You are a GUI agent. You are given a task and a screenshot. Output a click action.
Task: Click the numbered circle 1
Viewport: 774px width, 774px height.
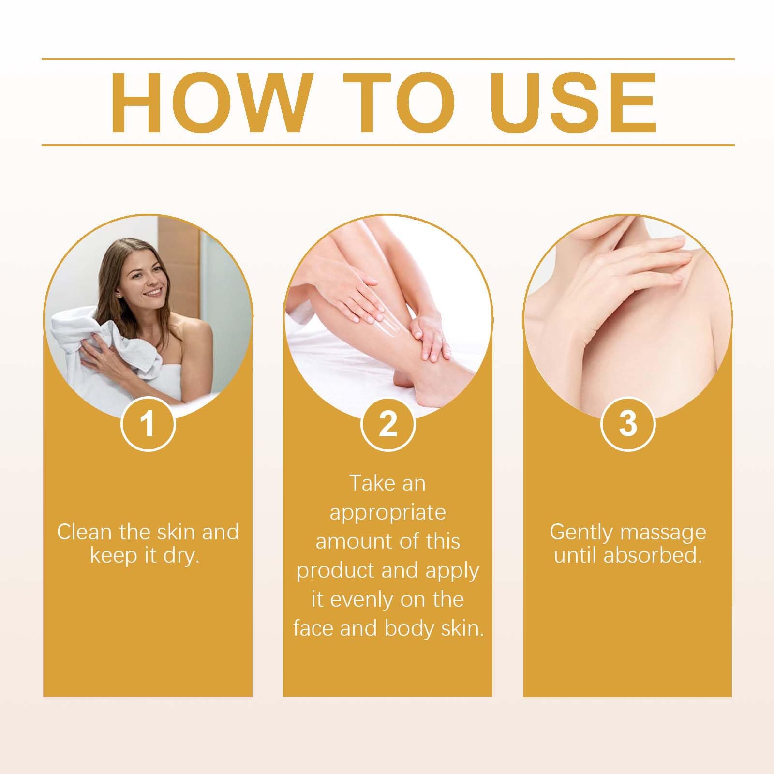pyautogui.click(x=148, y=423)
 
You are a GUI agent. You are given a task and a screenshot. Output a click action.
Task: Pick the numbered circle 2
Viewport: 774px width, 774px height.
pyautogui.click(x=387, y=423)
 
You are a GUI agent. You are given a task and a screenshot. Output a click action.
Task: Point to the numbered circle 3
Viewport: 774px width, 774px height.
pyautogui.click(x=627, y=423)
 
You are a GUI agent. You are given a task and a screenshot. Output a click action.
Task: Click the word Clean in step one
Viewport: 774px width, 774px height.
pyautogui.click(x=85, y=532)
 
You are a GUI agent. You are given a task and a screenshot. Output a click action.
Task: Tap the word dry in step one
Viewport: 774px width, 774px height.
pyautogui.click(x=182, y=556)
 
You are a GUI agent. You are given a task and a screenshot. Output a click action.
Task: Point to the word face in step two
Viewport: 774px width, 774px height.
pyautogui.click(x=314, y=628)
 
